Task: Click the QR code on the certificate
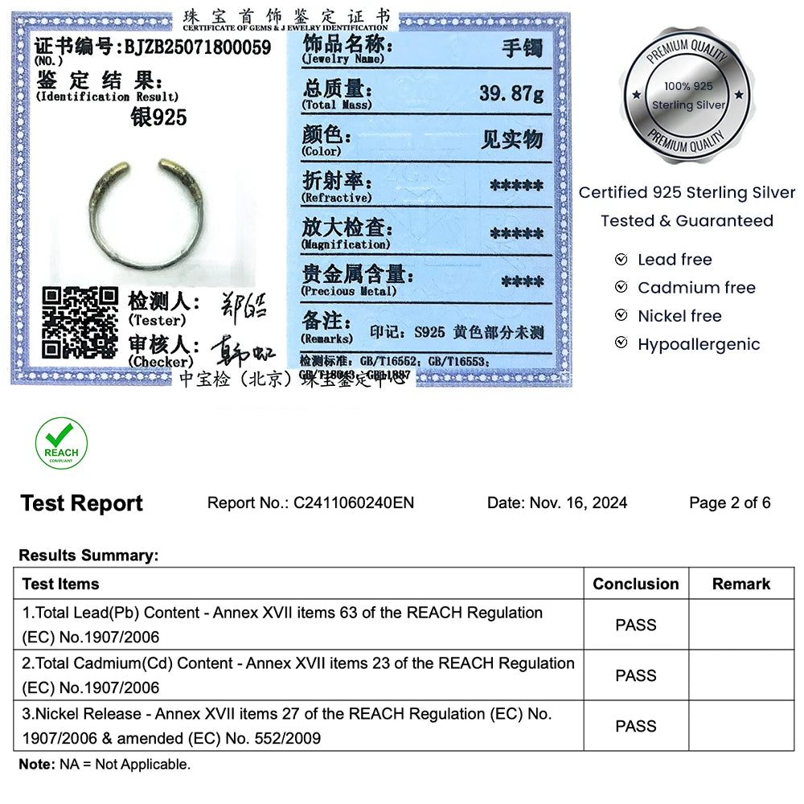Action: (80, 322)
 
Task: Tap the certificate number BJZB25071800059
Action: (197, 47)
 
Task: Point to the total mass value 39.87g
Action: (511, 93)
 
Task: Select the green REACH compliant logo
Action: (62, 443)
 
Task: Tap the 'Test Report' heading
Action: (81, 504)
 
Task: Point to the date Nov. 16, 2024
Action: (577, 503)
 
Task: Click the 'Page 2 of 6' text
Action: (729, 503)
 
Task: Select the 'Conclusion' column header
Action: (635, 585)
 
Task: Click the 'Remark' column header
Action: (740, 585)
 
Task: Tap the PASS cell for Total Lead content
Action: (635, 625)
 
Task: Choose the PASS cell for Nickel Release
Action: (635, 726)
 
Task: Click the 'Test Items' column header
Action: (61, 585)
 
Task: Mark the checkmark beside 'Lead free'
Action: (621, 260)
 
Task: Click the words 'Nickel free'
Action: (679, 316)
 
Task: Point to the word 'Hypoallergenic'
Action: (698, 344)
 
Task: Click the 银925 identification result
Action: (158, 117)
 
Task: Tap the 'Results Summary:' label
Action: (88, 556)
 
